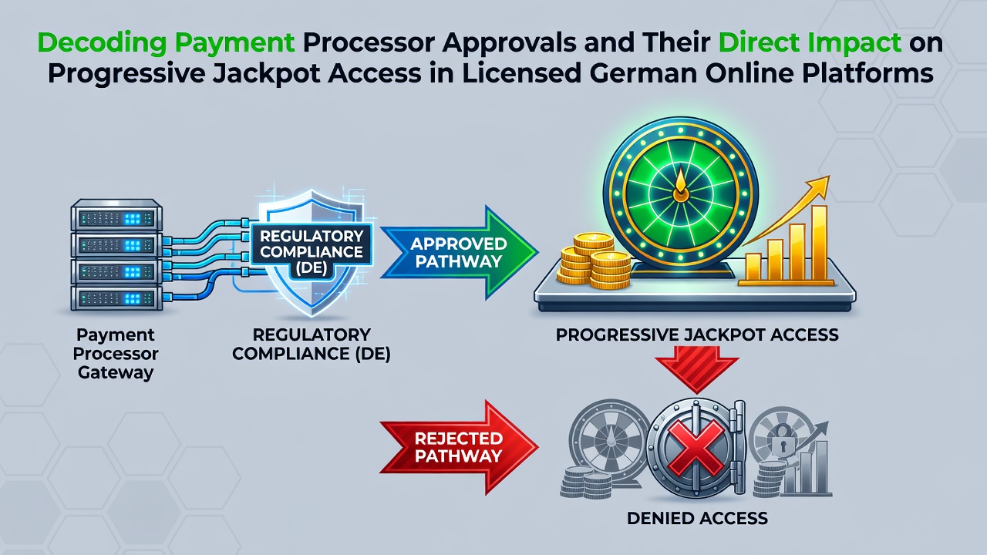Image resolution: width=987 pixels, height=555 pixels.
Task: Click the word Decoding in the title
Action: (x=102, y=42)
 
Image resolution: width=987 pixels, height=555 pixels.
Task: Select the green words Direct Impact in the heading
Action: (x=810, y=42)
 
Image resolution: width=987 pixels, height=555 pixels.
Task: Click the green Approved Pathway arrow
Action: (x=459, y=252)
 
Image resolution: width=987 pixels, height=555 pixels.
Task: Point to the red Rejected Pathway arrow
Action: (x=459, y=448)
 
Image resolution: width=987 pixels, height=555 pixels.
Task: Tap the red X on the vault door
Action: (x=696, y=447)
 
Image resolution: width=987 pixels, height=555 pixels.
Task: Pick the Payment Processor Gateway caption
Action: (x=116, y=354)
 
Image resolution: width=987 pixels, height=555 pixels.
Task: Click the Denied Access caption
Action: (x=697, y=518)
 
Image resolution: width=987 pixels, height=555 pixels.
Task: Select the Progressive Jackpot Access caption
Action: (x=697, y=335)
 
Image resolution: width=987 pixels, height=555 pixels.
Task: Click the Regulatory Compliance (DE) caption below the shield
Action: (x=311, y=344)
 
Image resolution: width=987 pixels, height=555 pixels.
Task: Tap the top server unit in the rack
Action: (x=116, y=215)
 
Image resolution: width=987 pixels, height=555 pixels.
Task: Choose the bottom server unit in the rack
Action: (x=116, y=298)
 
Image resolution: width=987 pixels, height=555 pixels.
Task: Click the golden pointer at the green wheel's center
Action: (x=681, y=184)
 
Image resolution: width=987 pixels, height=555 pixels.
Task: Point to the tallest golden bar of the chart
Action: (x=819, y=243)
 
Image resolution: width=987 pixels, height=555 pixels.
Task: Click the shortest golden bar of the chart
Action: (x=753, y=267)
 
